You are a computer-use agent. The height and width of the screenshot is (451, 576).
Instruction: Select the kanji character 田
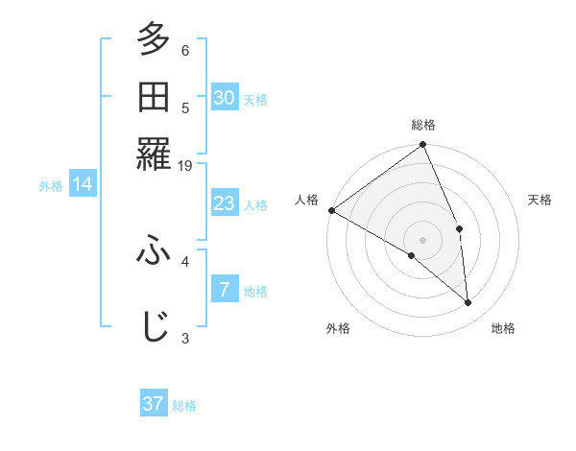154,97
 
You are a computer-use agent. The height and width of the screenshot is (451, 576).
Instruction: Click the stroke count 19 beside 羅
185,165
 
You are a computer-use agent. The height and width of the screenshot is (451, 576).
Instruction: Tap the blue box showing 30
224,97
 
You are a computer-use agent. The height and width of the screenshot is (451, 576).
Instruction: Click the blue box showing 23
224,203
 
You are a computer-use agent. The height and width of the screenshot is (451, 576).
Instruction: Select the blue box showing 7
224,290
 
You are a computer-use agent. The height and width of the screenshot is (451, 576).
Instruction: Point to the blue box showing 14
82,184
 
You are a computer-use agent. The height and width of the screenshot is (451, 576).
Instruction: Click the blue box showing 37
154,404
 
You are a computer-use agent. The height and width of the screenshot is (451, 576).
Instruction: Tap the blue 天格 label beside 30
255,99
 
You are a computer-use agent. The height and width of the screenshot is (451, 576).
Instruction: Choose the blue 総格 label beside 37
184,406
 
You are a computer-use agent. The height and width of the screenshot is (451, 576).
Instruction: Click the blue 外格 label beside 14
51,186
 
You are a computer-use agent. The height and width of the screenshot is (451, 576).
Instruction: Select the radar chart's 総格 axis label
423,125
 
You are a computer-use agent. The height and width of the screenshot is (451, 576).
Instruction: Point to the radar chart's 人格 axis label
307,200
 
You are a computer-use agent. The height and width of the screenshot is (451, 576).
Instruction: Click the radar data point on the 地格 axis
468,303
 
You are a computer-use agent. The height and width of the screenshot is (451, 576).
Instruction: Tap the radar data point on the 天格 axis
460,228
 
